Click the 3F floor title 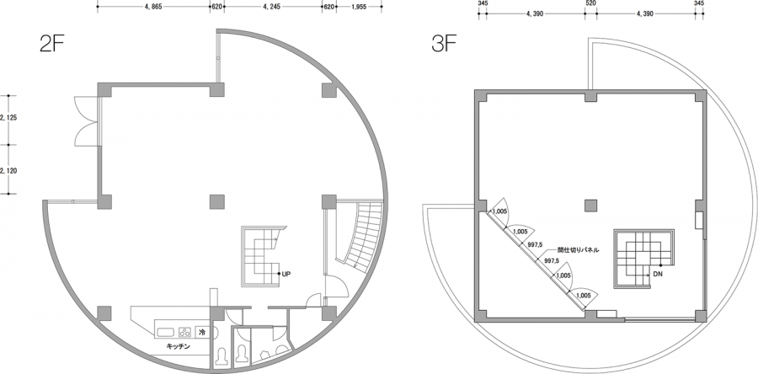[x=444, y=44]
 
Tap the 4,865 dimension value [x=152, y=8]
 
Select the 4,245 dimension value [x=273, y=8]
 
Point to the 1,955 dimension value [x=358, y=8]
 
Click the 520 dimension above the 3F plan [x=590, y=3]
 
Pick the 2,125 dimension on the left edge [x=9, y=117]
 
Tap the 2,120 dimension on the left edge [x=9, y=170]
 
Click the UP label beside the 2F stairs [x=286, y=274]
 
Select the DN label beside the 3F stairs [x=658, y=273]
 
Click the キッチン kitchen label [x=179, y=346]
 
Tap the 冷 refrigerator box [x=202, y=332]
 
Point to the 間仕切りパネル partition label [x=578, y=250]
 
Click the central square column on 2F [x=217, y=201]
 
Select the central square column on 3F [x=590, y=206]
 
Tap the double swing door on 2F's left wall [x=87, y=120]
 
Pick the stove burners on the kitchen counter [x=185, y=332]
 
